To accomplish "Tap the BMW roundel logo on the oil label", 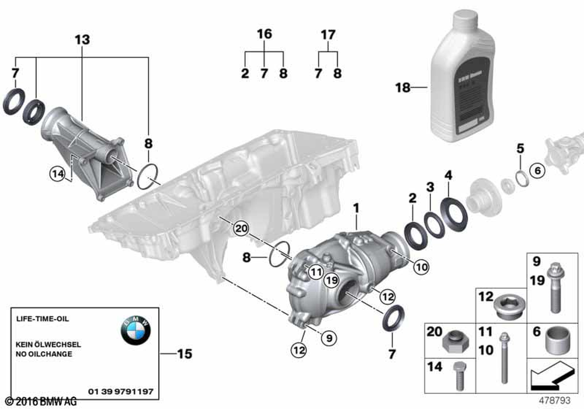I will [135, 331].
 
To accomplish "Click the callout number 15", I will [184, 354].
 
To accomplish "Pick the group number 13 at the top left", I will [82, 40].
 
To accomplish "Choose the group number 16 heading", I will [265, 34].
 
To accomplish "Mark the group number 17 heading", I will [328, 35].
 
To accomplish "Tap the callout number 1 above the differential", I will [356, 207].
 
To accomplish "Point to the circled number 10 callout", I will [421, 266].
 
